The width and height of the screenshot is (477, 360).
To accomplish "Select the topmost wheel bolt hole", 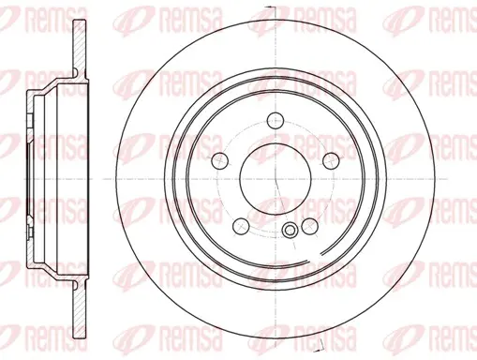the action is coord(276,120).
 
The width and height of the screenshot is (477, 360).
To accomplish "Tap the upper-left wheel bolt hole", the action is coord(219,160).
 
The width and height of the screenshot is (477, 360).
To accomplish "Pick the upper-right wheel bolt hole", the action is coord(331,160).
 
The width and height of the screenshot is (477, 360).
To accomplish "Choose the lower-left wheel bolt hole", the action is coord(242,227).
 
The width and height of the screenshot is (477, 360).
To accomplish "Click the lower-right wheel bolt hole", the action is coord(310,226).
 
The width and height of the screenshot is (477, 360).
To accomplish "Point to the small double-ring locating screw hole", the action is coord(290,231).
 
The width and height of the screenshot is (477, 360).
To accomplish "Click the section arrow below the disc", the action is coord(320,345).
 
